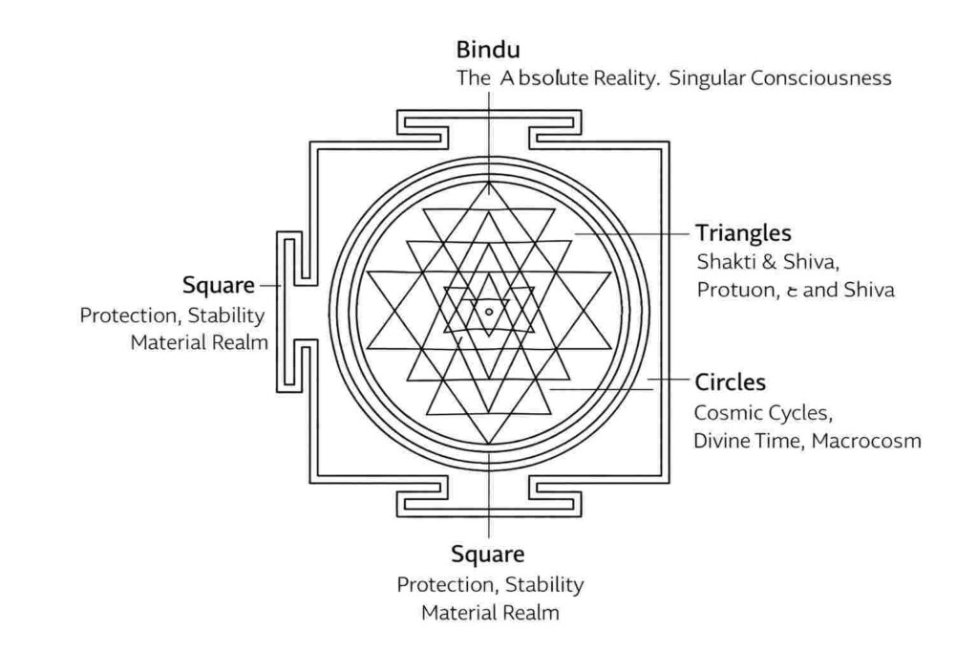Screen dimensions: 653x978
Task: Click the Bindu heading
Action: pos(488,49)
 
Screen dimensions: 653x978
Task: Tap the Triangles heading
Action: pos(743,233)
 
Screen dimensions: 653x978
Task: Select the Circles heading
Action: pos(731,382)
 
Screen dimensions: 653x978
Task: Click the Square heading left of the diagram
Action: pos(219,285)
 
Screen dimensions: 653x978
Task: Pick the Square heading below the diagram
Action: pos(488,555)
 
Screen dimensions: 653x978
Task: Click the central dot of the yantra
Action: pos(489,311)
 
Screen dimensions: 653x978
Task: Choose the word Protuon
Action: pos(733,290)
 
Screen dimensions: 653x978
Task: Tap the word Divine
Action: pos(724,441)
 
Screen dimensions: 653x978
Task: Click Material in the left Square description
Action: pos(168,342)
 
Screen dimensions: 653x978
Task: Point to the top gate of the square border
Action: pos(489,127)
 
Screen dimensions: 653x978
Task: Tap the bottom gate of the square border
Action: pos(489,494)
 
